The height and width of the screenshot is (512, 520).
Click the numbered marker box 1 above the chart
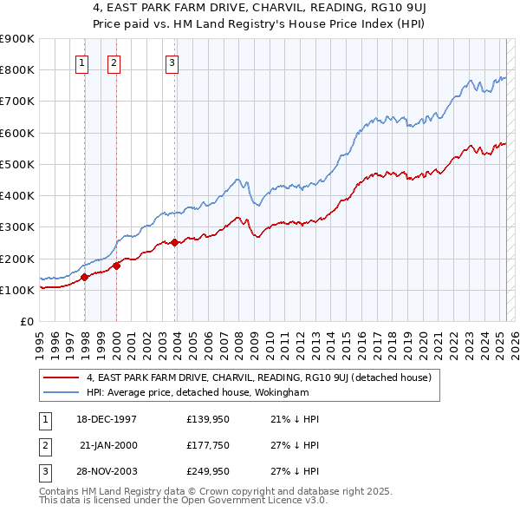pyautogui.click(x=81, y=62)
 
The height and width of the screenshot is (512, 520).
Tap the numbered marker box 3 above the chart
pyautogui.click(x=172, y=62)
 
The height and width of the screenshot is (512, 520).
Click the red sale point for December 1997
pyautogui.click(x=85, y=278)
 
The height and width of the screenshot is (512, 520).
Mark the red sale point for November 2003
pyautogui.click(x=175, y=243)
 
